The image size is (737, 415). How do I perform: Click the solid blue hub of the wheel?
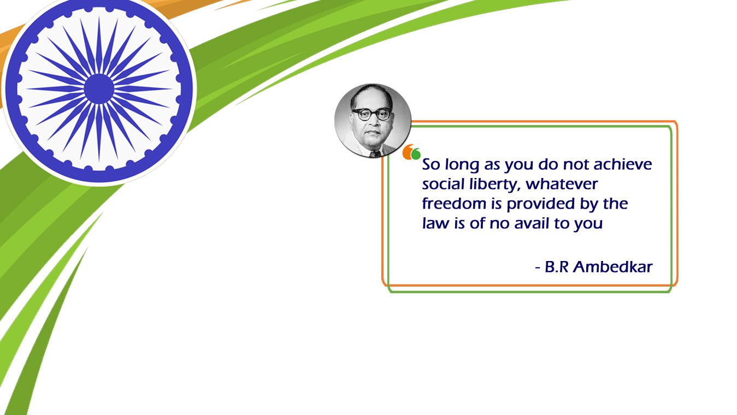[99, 89]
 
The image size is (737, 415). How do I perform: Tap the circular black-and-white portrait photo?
[373, 120]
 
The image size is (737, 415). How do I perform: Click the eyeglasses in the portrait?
[372, 114]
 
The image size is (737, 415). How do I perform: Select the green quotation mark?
[416, 154]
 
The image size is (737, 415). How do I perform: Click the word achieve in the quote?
[622, 164]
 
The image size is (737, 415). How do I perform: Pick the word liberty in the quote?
[495, 184]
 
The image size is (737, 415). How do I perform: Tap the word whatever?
[562, 184]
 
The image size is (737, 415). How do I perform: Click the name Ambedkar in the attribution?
[612, 266]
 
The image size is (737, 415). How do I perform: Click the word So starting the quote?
[431, 164]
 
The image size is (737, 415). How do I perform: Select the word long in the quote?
[462, 165]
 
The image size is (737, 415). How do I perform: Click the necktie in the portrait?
[375, 154]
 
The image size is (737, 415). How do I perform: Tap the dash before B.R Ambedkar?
[538, 268]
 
